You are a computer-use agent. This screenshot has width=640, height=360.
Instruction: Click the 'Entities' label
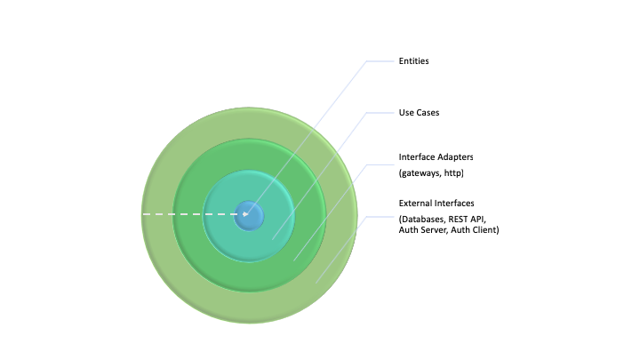[x=414, y=61]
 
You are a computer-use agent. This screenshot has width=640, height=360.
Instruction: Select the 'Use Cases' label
[x=419, y=113]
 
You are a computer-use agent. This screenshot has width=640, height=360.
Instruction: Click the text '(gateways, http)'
[x=431, y=172]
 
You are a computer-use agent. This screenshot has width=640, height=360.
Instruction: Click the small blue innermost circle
[x=250, y=215]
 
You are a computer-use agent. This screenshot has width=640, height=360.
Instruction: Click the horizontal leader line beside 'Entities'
[x=379, y=61]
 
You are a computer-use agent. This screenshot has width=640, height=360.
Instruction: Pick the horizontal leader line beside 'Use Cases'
[x=379, y=113]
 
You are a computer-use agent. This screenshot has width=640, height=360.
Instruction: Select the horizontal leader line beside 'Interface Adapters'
[x=379, y=164]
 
